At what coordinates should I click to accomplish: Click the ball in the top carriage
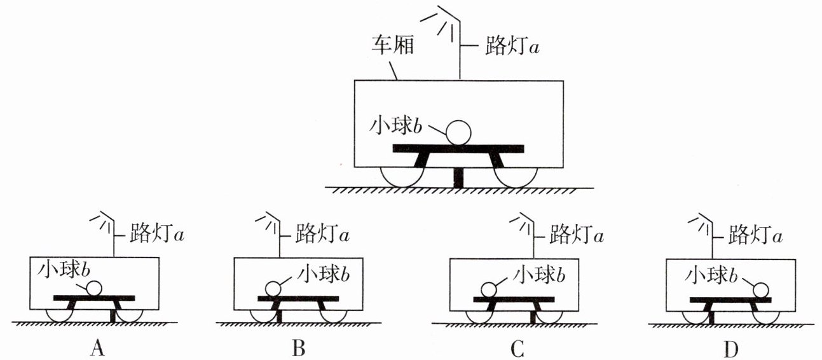(458, 133)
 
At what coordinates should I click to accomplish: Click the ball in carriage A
(94, 289)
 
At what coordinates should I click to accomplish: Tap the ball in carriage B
(274, 289)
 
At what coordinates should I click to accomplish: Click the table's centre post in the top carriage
(459, 176)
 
